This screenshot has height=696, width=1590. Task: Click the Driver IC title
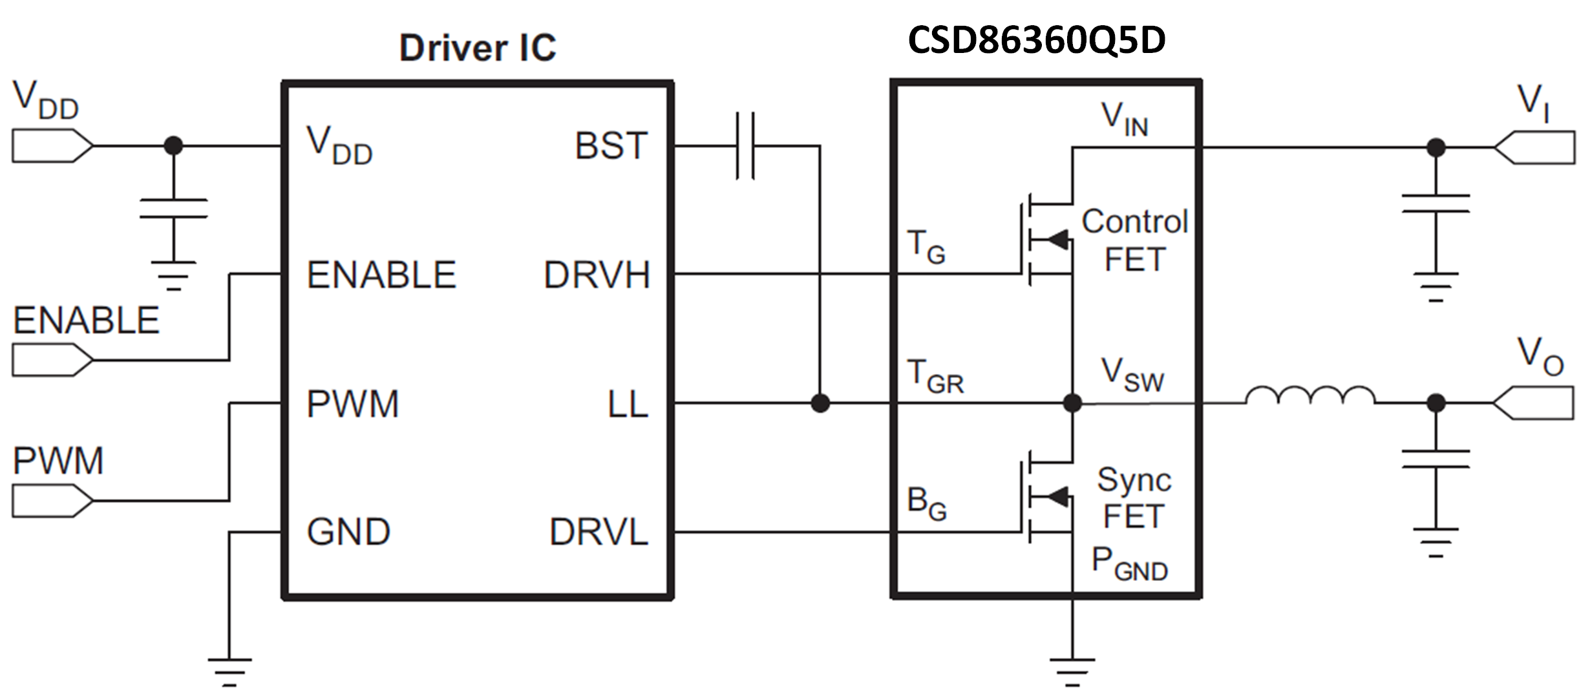pyautogui.click(x=478, y=48)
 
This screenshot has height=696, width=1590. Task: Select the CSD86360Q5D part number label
pyautogui.click(x=1036, y=40)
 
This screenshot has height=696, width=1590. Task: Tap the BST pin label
pyautogui.click(x=611, y=146)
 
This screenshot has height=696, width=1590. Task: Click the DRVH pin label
pyautogui.click(x=596, y=275)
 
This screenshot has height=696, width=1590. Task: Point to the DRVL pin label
pyautogui.click(x=599, y=533)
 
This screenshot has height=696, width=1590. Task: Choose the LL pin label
pyautogui.click(x=627, y=405)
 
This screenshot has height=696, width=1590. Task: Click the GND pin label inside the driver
pyautogui.click(x=348, y=533)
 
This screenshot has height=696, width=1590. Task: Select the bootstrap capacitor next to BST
pyautogui.click(x=745, y=146)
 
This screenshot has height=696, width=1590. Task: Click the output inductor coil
pyautogui.click(x=1310, y=395)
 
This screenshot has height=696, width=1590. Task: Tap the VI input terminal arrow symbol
pyautogui.click(x=1534, y=148)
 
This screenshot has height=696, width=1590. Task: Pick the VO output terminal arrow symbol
pyautogui.click(x=1533, y=403)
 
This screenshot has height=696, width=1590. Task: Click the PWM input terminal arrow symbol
pyautogui.click(x=52, y=501)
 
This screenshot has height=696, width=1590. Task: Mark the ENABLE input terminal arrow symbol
pyautogui.click(x=52, y=360)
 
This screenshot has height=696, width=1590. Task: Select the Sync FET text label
pyautogui.click(x=1134, y=498)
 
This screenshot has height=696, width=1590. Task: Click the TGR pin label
pyautogui.click(x=935, y=377)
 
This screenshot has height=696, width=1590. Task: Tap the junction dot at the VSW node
pyautogui.click(x=1072, y=403)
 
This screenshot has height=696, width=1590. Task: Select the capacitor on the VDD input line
pyautogui.click(x=173, y=209)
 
